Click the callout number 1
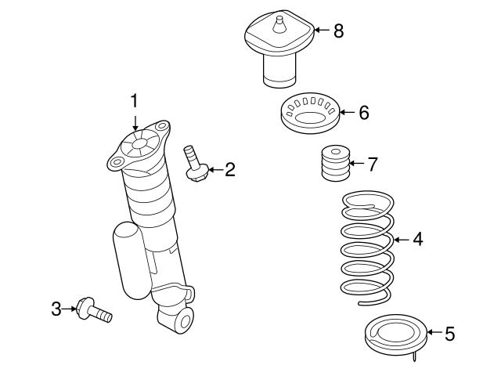point(134,101)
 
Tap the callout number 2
point(229,168)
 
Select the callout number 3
point(56,309)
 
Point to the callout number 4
point(417,239)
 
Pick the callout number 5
point(449,334)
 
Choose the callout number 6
point(362,112)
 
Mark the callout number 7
point(372,164)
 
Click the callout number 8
point(337,31)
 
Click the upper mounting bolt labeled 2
point(193,162)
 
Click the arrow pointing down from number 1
point(135,121)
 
